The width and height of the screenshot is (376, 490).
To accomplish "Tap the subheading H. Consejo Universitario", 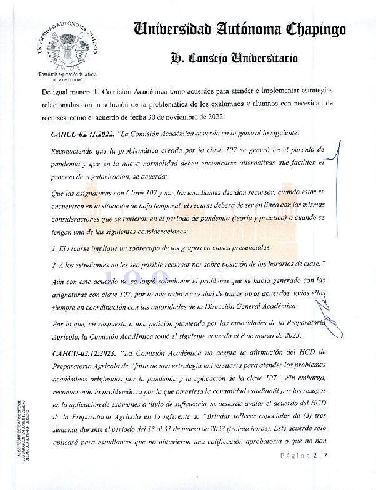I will [x=234, y=59].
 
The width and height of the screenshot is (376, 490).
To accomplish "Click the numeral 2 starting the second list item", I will [x=54, y=265].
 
